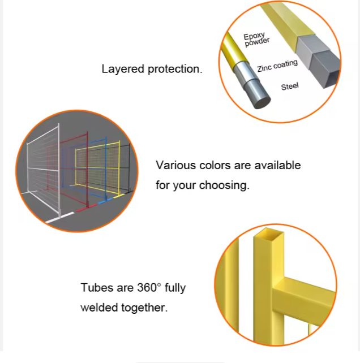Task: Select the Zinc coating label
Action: (277, 66)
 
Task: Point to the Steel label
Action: (289, 87)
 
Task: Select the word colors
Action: (215, 166)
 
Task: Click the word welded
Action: (98, 308)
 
